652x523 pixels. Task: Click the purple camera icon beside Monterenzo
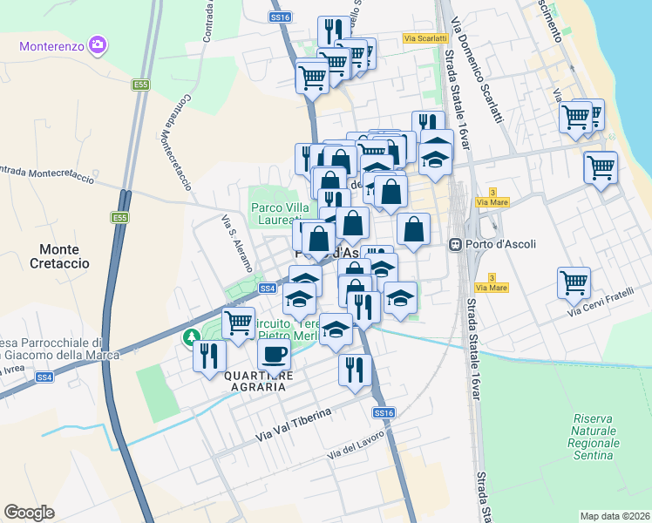pyautogui.click(x=97, y=44)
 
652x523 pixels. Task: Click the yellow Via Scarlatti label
pyautogui.click(x=425, y=37)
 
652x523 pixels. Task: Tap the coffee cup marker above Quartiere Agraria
pyautogui.click(x=275, y=354)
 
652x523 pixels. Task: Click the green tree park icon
pyautogui.click(x=190, y=336)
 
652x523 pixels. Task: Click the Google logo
pyautogui.click(x=29, y=512)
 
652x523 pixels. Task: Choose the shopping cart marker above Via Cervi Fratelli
pyautogui.click(x=574, y=282)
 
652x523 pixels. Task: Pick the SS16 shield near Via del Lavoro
pyautogui.click(x=384, y=412)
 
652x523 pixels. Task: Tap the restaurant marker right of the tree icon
pyautogui.click(x=210, y=355)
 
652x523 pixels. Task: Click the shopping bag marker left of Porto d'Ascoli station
pyautogui.click(x=414, y=230)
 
